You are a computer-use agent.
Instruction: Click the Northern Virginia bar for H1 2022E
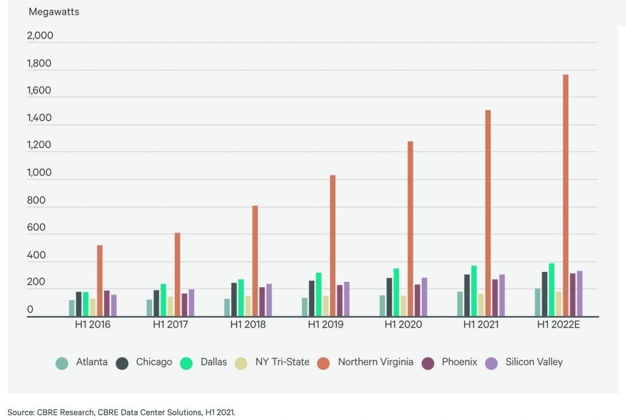pos(565,196)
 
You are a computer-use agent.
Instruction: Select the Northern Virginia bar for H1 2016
pos(100,281)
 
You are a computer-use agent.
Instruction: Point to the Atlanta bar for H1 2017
pos(149,308)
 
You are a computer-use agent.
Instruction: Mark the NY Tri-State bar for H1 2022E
pos(559,304)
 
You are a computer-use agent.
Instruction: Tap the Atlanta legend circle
pos(62,363)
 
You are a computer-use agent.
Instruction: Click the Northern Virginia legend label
pos(375,362)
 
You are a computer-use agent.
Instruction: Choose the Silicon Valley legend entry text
pos(534,362)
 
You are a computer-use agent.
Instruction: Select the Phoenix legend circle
pos(428,363)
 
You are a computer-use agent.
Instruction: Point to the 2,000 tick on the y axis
pos(40,35)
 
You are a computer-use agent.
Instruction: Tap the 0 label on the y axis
pos(30,311)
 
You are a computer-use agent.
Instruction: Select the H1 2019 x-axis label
pos(325,325)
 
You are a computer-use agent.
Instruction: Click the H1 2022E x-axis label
pos(558,325)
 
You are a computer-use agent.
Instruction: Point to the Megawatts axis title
pos(54,12)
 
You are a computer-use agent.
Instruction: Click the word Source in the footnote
pos(21,412)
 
